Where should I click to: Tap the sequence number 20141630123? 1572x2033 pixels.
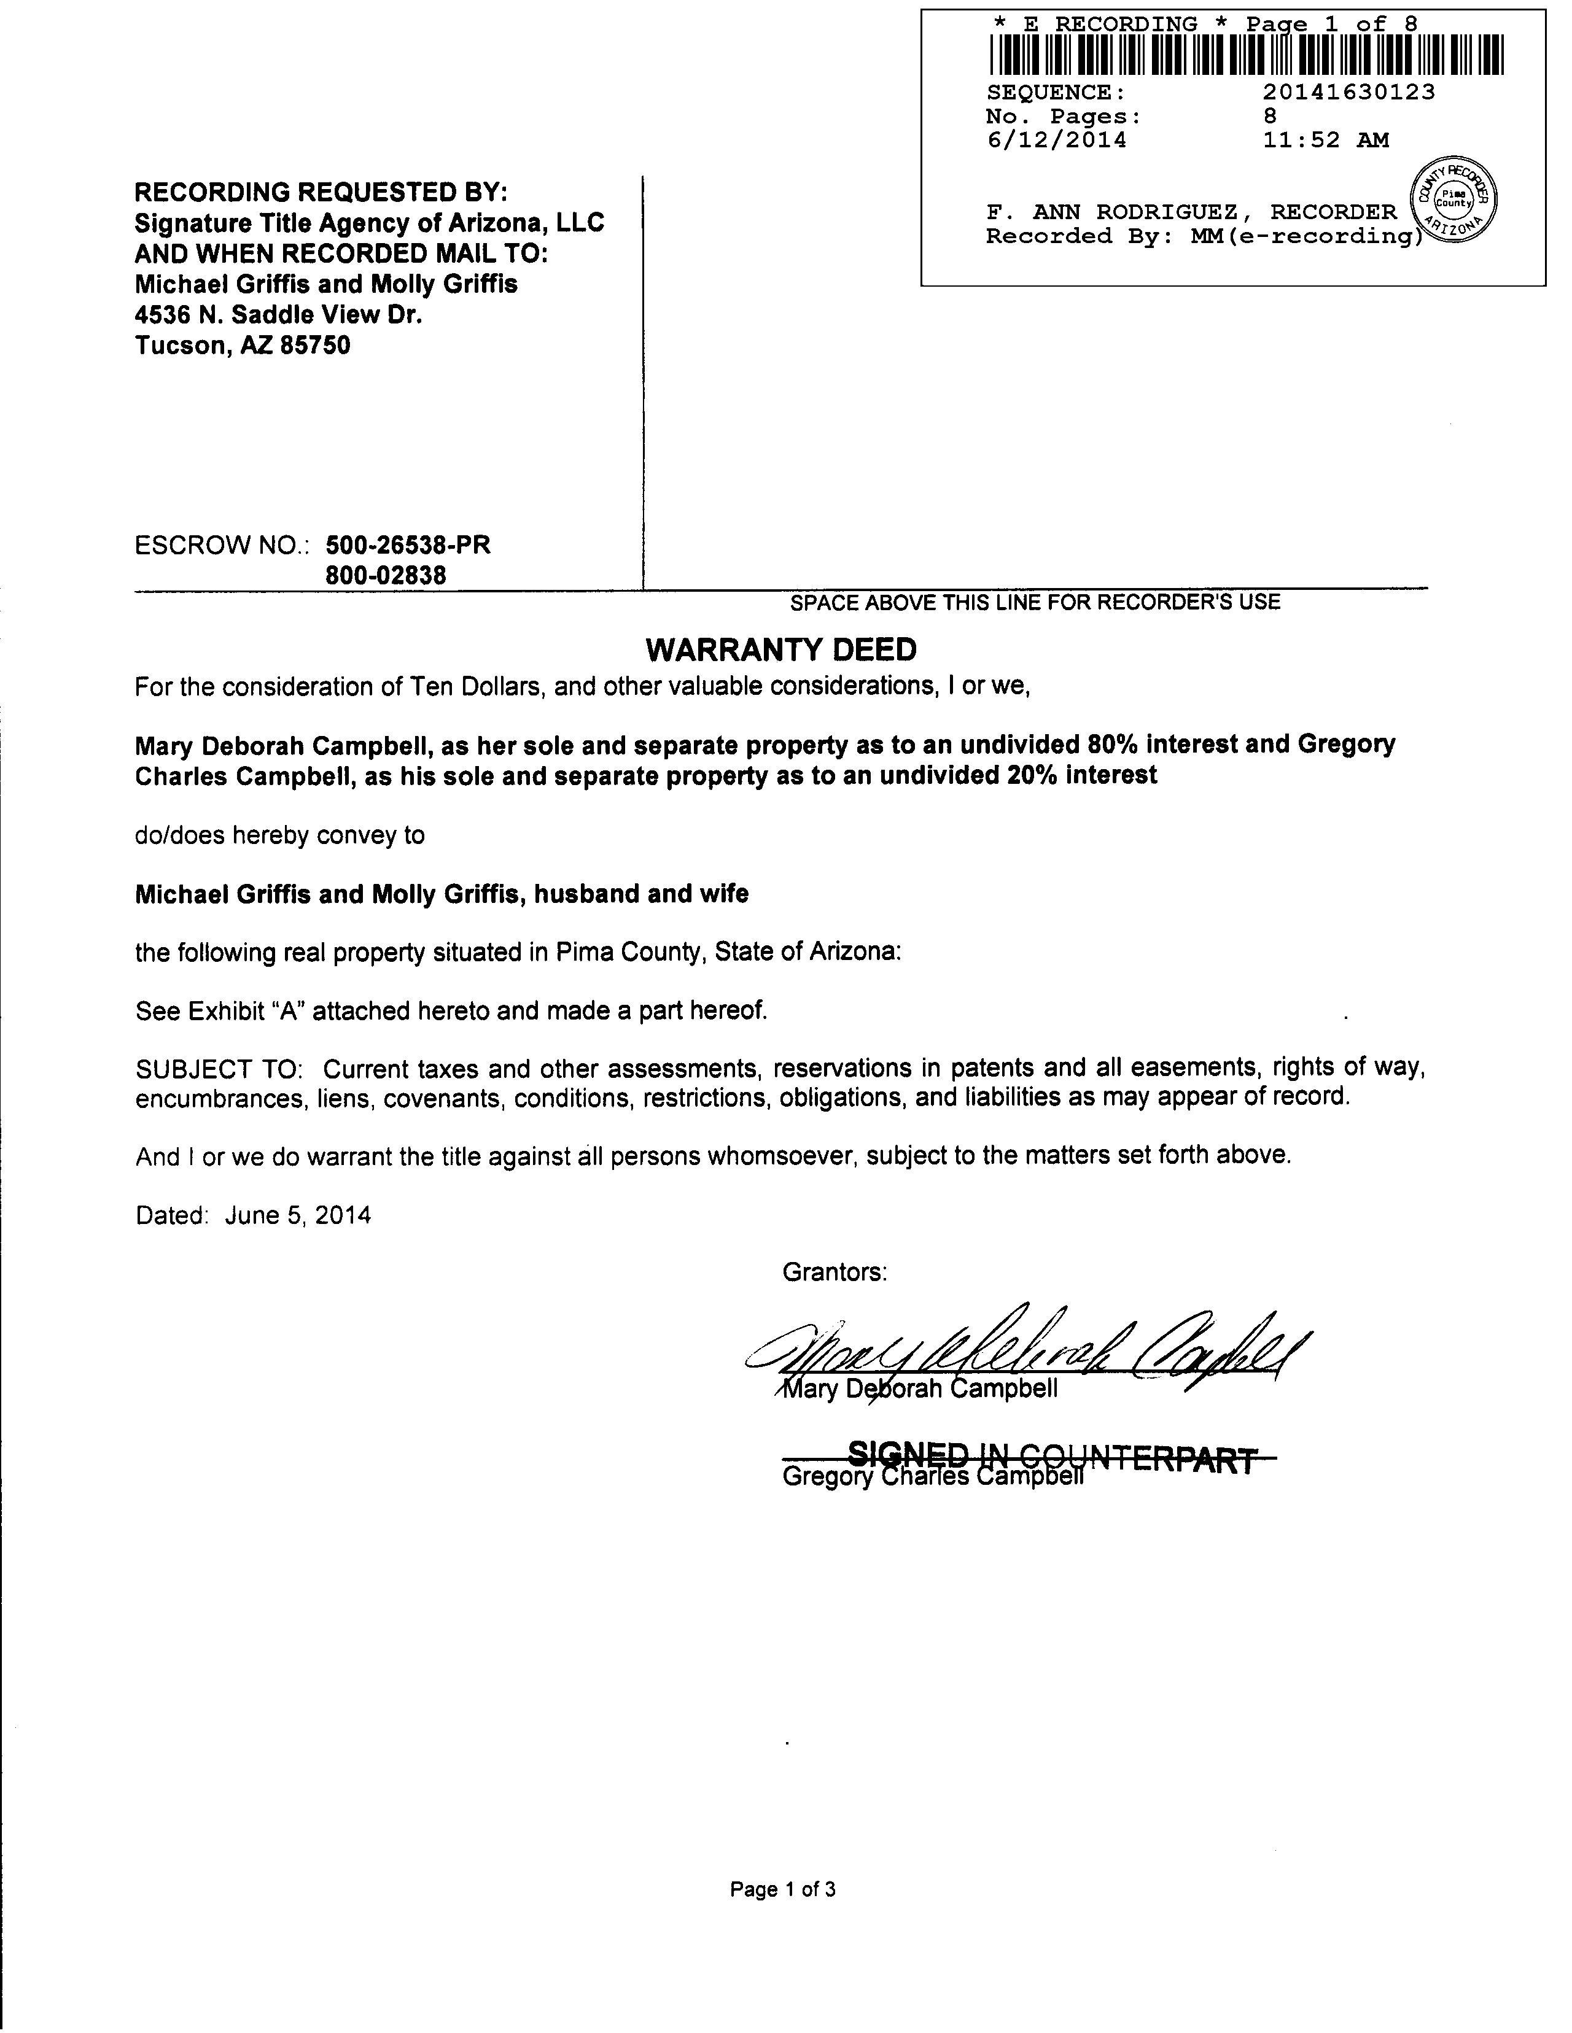(1348, 92)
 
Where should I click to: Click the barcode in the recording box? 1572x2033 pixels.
(1245, 55)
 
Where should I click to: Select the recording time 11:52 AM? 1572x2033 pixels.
(1325, 141)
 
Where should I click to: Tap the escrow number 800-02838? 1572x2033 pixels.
(386, 575)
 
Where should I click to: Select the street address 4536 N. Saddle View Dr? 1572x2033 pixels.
(278, 315)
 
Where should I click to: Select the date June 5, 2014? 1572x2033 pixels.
(298, 1215)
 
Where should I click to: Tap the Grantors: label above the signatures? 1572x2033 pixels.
(835, 1272)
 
